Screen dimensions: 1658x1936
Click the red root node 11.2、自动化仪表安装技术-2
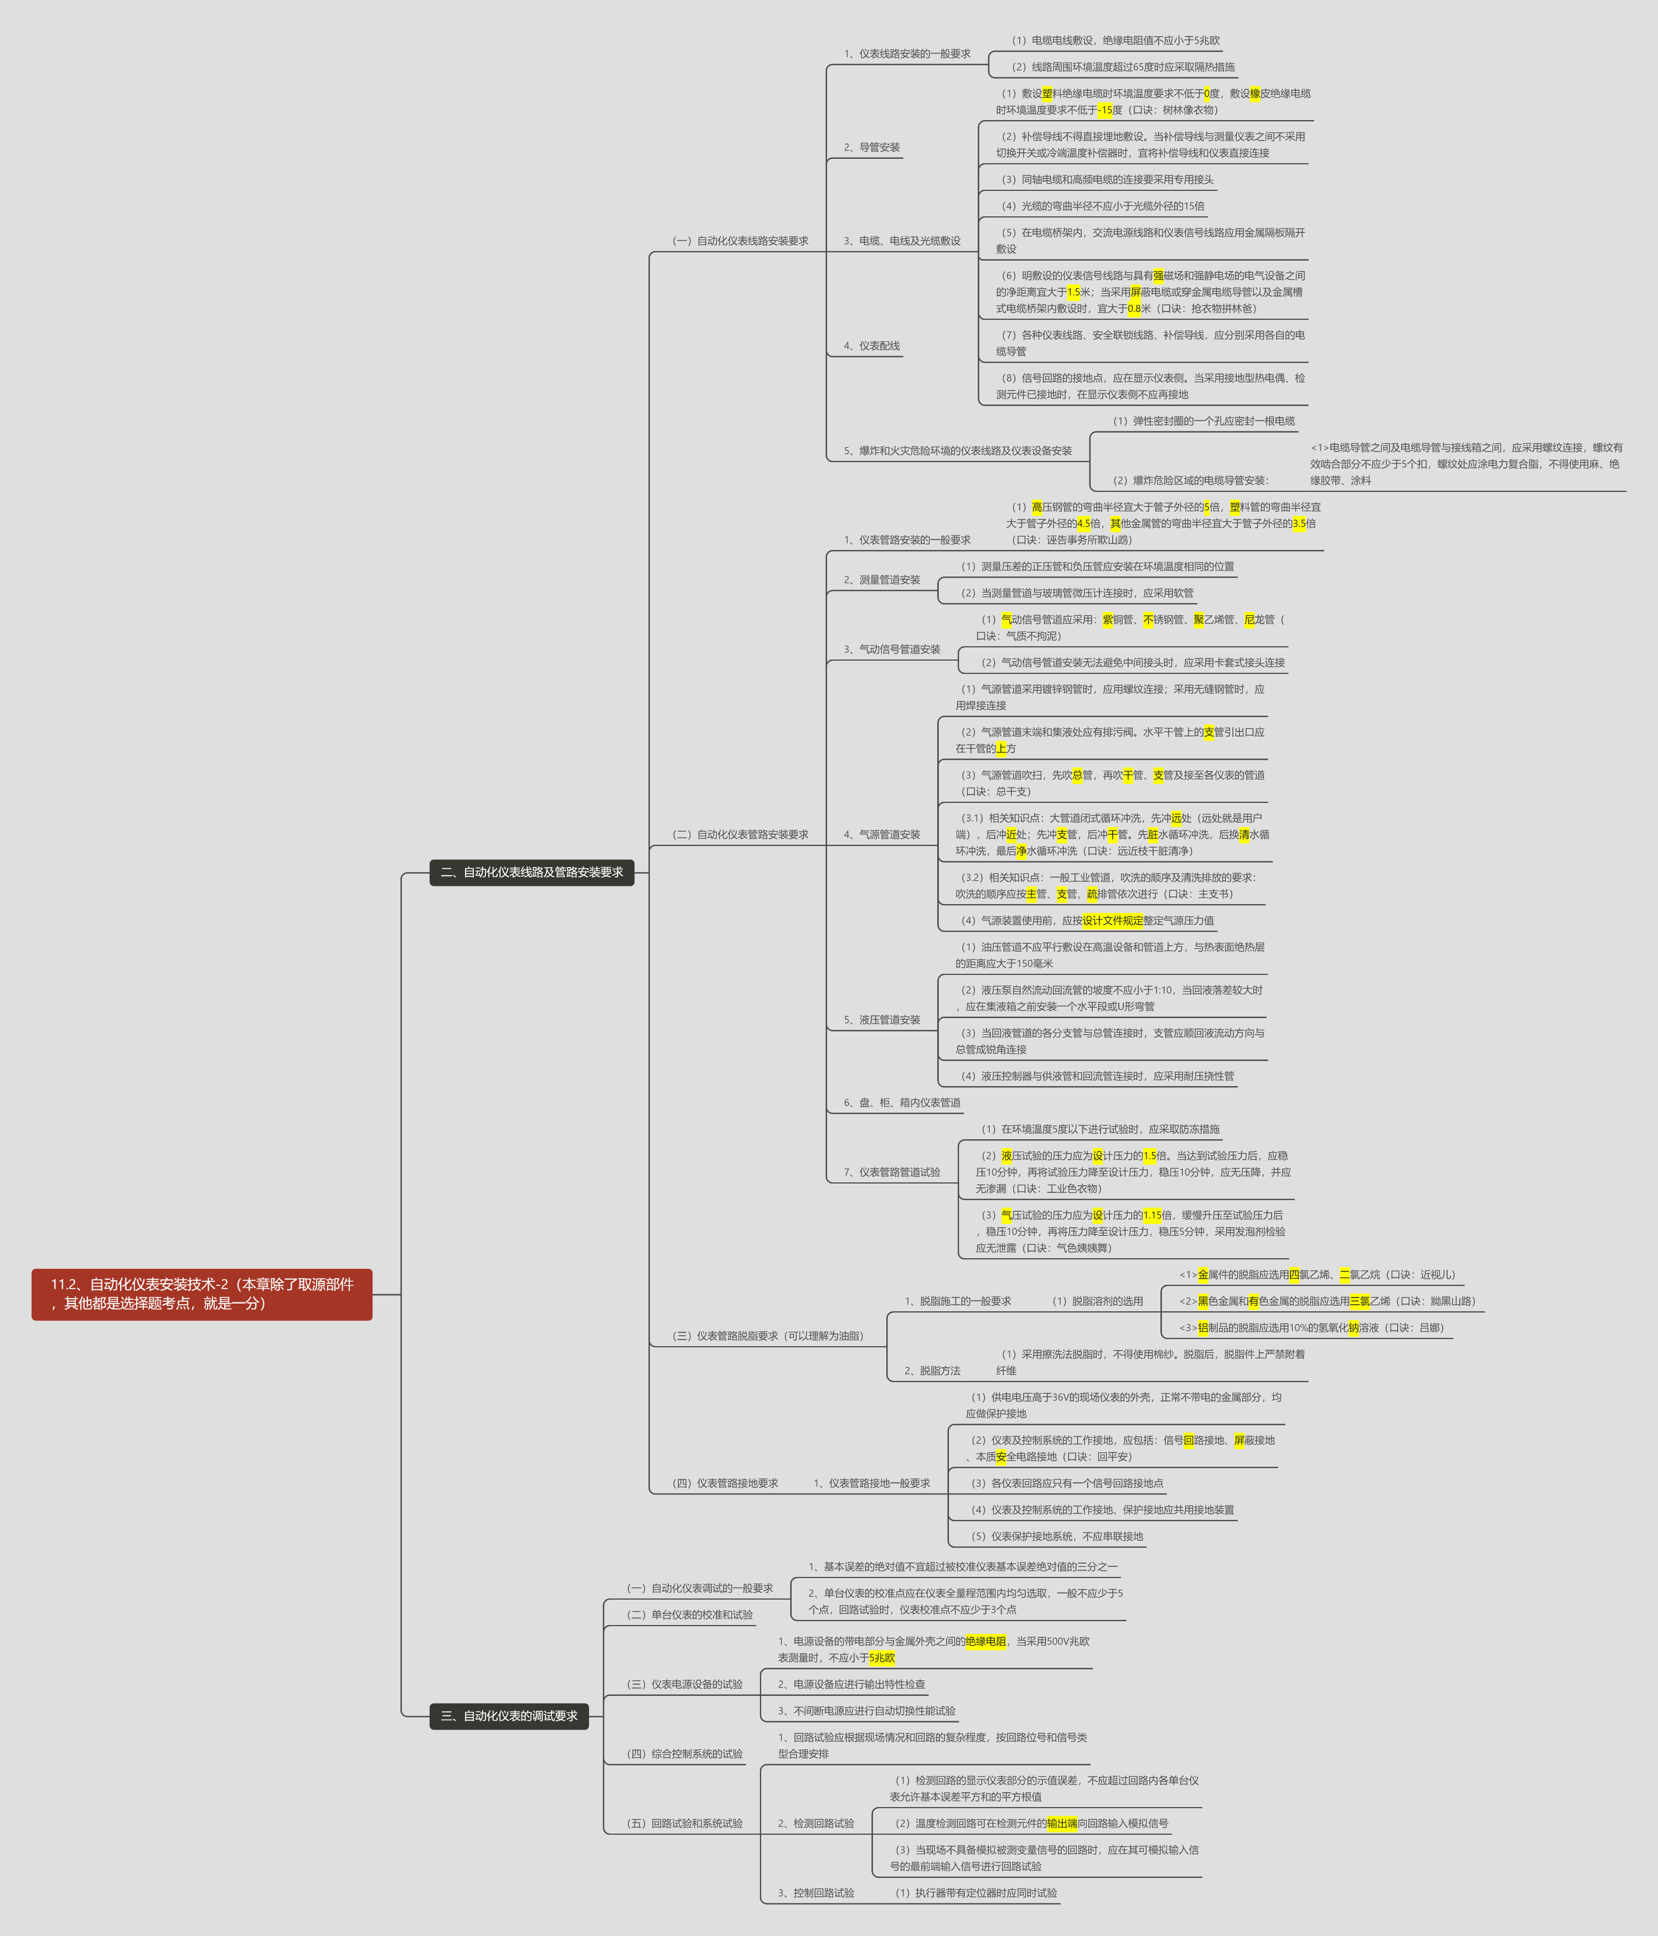click(x=202, y=1294)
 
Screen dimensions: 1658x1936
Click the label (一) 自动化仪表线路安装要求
click(x=740, y=241)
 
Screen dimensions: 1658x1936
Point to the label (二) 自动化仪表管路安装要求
click(x=740, y=834)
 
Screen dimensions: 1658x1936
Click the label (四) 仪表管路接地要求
click(x=725, y=1483)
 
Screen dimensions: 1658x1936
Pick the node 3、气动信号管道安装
click(x=892, y=650)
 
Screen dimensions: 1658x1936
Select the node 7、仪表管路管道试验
click(x=892, y=1172)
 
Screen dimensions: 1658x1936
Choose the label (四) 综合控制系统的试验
click(x=685, y=1754)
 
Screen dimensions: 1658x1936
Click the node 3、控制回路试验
click(x=816, y=1893)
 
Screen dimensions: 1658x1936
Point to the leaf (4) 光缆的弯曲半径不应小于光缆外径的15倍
click(x=1103, y=206)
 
